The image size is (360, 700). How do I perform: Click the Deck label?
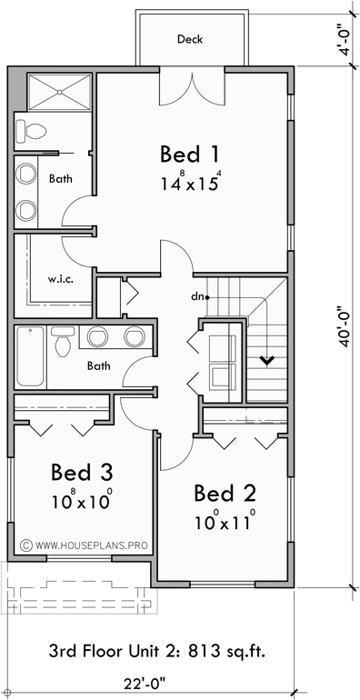[x=190, y=39]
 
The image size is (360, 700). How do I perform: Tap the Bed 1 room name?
[x=189, y=153]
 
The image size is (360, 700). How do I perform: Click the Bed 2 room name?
[x=225, y=494]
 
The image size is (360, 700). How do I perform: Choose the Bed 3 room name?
[x=82, y=473]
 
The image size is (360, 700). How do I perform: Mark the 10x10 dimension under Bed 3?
[x=82, y=500]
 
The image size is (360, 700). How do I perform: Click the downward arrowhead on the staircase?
[x=267, y=361]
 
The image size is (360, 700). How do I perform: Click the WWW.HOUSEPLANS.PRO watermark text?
[x=92, y=545]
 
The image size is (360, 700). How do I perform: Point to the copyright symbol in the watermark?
[x=26, y=545]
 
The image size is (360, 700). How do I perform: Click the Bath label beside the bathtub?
[x=99, y=366]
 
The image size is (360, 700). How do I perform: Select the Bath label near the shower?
[x=61, y=179]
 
